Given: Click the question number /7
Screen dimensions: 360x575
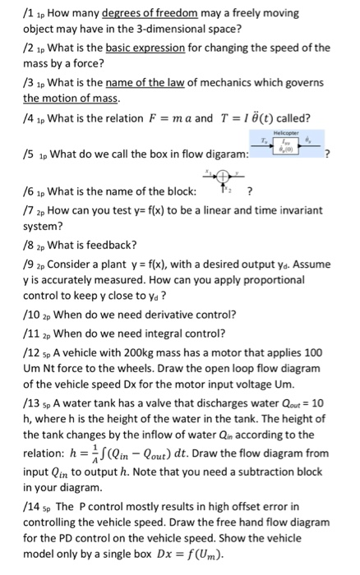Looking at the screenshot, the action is [x=8, y=209].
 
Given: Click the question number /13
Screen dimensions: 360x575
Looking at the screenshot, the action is [x=12, y=418].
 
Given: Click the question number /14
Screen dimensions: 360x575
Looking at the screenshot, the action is [x=12, y=509].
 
